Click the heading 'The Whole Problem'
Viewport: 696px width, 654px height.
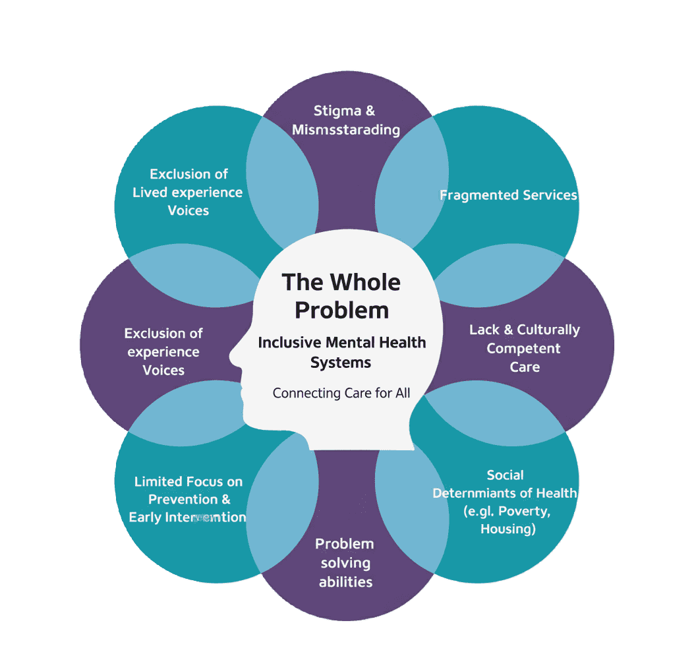pyautogui.click(x=341, y=296)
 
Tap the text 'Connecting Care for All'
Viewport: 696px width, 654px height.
pyautogui.click(x=341, y=393)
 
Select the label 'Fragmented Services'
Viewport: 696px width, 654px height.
pyautogui.click(x=508, y=195)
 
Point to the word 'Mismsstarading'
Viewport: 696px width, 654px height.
pyautogui.click(x=346, y=129)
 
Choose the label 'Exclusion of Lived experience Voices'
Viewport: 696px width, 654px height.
pyautogui.click(x=188, y=192)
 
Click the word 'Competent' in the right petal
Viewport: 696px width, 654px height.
pyautogui.click(x=523, y=348)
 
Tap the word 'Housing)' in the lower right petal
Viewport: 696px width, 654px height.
pyautogui.click(x=507, y=529)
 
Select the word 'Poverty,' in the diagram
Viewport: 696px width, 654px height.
pyautogui.click(x=525, y=511)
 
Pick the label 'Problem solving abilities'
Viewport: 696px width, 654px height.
pyautogui.click(x=345, y=562)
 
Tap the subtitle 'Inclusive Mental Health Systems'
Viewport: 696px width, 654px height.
pyautogui.click(x=341, y=352)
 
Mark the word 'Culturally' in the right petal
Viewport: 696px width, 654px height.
pyautogui.click(x=548, y=330)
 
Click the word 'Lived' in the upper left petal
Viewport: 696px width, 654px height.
pyautogui.click(x=151, y=193)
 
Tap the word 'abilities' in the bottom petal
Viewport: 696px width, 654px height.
pyautogui.click(x=345, y=581)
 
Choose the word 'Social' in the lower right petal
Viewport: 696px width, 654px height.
pyautogui.click(x=506, y=475)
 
